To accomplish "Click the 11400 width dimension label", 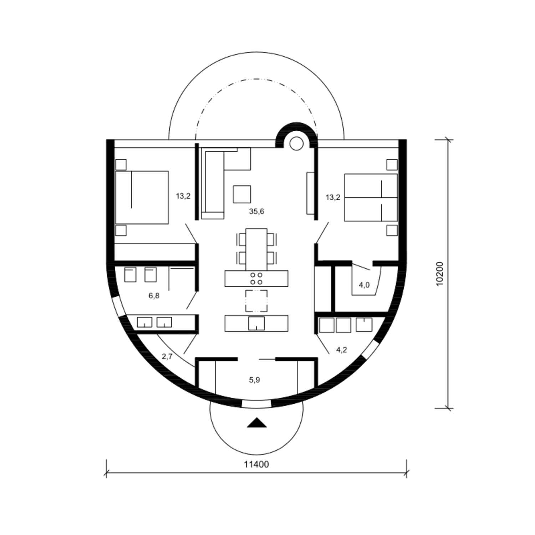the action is pyautogui.click(x=256, y=464).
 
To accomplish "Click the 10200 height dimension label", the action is pyautogui.click(x=439, y=274).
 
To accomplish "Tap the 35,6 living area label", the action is pyautogui.click(x=256, y=212).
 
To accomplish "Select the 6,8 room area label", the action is pyautogui.click(x=154, y=296).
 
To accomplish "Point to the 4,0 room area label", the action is pyautogui.click(x=364, y=285).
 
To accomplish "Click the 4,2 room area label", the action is pyautogui.click(x=341, y=350).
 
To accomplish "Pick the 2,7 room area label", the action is pyautogui.click(x=167, y=356).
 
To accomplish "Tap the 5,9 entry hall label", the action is pyautogui.click(x=254, y=380).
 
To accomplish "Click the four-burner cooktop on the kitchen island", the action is pyautogui.click(x=256, y=279).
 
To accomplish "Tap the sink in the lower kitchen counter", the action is pyautogui.click(x=256, y=323).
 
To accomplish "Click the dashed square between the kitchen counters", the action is pyautogui.click(x=256, y=301).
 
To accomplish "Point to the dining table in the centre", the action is pyautogui.click(x=256, y=249).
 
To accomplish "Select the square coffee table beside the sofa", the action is pyautogui.click(x=242, y=194).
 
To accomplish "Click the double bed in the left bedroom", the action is pyautogui.click(x=142, y=198).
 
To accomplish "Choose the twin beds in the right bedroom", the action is pyautogui.click(x=371, y=198).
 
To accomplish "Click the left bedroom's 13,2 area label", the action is pyautogui.click(x=183, y=196).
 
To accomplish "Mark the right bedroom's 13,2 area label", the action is pyautogui.click(x=333, y=197).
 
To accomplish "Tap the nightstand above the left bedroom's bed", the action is pyautogui.click(x=121, y=164).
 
